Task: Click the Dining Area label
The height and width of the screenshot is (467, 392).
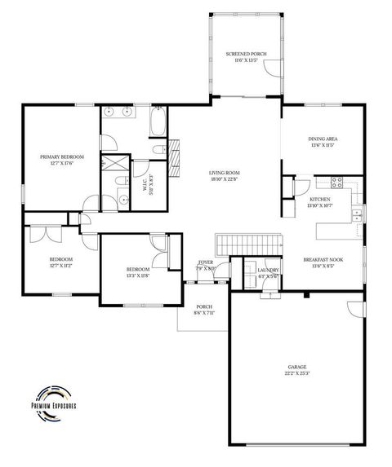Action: tap(323, 142)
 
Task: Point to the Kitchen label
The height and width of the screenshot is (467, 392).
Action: tap(318, 201)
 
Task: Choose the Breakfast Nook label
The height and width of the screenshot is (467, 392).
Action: tap(323, 262)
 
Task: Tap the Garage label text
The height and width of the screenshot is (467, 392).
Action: tap(296, 370)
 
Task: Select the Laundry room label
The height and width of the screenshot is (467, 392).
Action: tap(268, 272)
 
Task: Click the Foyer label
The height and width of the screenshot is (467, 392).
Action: tap(206, 265)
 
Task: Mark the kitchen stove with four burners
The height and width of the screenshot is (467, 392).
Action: tap(336, 182)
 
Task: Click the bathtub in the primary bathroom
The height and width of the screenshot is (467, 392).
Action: tap(158, 125)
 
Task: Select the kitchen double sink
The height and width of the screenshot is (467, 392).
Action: tap(357, 214)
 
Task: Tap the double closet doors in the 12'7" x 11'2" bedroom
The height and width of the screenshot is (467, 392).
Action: tap(41, 235)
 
